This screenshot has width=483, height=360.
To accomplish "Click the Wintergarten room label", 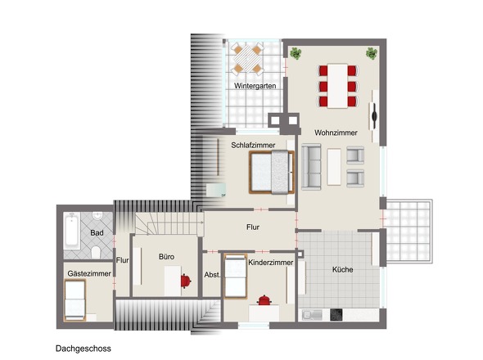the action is click(255, 86).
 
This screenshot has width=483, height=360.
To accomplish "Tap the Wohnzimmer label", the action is click(336, 133).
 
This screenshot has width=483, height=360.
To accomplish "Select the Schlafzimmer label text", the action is click(253, 145).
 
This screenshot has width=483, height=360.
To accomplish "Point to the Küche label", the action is click(342, 269).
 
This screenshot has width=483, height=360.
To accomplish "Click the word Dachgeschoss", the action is click(84, 349).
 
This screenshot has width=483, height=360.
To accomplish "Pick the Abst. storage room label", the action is click(212, 275).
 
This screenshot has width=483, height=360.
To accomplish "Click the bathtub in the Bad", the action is click(72, 231).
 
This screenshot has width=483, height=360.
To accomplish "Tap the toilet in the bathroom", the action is click(96, 253).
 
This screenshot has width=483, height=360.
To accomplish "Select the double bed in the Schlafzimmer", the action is click(272, 172).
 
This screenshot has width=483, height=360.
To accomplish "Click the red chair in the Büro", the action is click(186, 281).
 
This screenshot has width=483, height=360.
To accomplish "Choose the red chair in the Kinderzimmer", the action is click(264, 300).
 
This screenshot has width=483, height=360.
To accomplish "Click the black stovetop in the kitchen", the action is click(336, 315).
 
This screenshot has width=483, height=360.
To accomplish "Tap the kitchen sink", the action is click(312, 315).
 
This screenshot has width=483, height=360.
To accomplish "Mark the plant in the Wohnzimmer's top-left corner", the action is click(296, 53).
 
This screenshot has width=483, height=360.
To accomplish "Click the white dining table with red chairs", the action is click(337, 86).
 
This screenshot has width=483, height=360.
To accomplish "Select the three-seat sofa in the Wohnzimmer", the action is click(311, 166).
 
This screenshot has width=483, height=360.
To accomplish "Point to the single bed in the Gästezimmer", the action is click(74, 300).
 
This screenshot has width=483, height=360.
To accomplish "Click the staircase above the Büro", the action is click(169, 223).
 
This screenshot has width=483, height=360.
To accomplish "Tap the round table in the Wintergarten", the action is click(247, 60).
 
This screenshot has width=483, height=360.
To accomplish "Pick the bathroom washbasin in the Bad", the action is click(98, 216).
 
